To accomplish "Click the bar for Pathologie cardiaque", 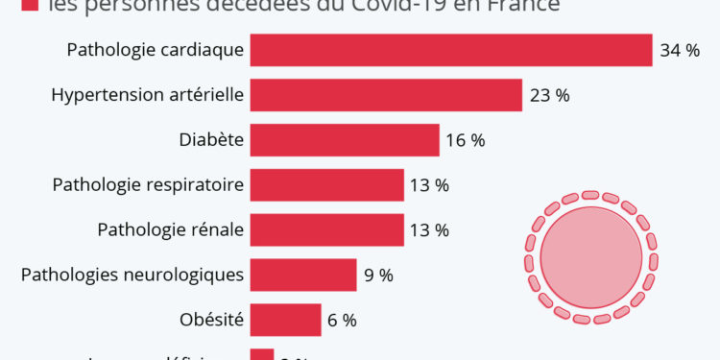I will pyautogui.click(x=451, y=50).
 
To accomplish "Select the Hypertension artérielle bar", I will pyautogui.click(x=386, y=95).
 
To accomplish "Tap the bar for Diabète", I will pyautogui.click(x=345, y=140).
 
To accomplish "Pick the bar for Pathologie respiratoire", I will pyautogui.click(x=326, y=185).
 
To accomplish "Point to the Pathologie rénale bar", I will pyautogui.click(x=326, y=230).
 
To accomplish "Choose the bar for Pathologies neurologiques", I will pyautogui.click(x=303, y=276).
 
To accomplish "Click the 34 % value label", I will pyautogui.click(x=680, y=50).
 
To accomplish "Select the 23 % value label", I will pyautogui.click(x=549, y=95).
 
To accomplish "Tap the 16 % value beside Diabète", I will pyautogui.click(x=465, y=140).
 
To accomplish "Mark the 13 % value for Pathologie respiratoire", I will pyautogui.click(x=429, y=185).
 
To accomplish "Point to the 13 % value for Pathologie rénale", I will pyautogui.click(x=429, y=230).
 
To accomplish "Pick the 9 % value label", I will pyautogui.click(x=378, y=276).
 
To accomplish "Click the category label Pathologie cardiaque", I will pyautogui.click(x=156, y=50).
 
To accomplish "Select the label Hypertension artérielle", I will pyautogui.click(x=147, y=95).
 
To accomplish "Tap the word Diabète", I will pyautogui.click(x=211, y=140).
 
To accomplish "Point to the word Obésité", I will pyautogui.click(x=211, y=320).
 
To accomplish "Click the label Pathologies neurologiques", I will pyautogui.click(x=132, y=276).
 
